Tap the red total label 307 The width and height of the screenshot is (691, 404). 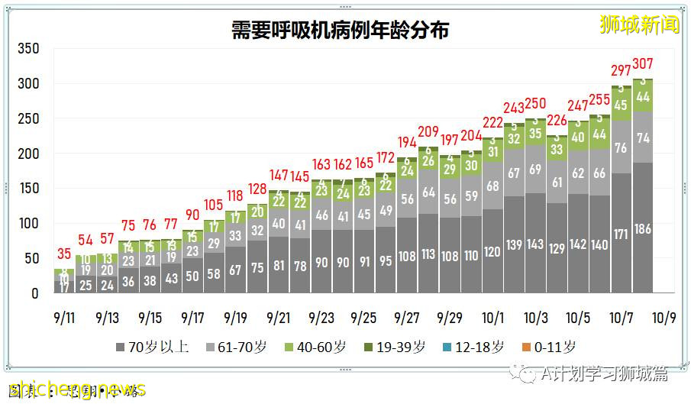point(643,64)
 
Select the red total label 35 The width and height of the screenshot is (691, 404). point(64,254)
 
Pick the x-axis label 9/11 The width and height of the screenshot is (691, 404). point(64,317)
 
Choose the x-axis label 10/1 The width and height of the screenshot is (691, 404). point(492,317)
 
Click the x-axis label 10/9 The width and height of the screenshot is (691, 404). point(664,317)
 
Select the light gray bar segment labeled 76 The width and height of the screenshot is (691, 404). point(622,147)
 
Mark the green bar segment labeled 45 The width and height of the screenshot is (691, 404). point(622,105)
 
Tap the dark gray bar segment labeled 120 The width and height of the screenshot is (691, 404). point(492,250)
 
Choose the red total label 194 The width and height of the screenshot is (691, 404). point(407,142)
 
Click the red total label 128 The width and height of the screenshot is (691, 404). point(257,189)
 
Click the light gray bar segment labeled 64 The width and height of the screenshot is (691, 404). point(428,192)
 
